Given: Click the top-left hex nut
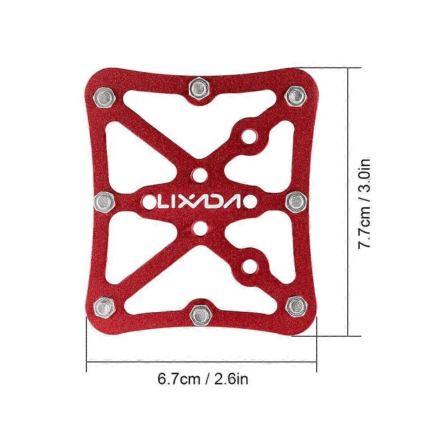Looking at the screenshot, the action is (x=104, y=98).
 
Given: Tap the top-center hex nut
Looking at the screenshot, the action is (x=200, y=89).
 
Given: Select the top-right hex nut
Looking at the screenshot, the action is (x=295, y=96).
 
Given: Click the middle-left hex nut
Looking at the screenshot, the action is (x=104, y=202).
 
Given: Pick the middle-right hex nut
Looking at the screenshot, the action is (x=296, y=201).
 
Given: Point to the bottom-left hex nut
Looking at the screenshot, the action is (x=104, y=307).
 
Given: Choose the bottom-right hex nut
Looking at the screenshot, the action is (x=296, y=306).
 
